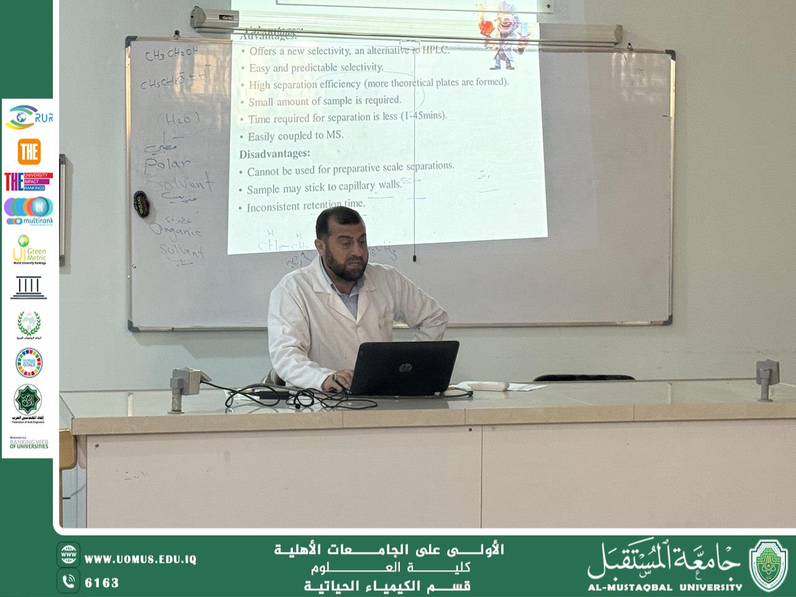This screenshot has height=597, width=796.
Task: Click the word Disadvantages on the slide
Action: (x=274, y=153)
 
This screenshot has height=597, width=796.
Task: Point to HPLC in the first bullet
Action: (x=435, y=50)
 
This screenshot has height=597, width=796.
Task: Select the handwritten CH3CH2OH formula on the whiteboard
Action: (x=171, y=55)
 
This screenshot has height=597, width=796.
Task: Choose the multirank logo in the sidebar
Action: (x=29, y=211)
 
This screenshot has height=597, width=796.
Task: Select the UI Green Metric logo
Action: (x=29, y=249)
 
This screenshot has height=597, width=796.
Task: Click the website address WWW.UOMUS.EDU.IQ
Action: (x=140, y=560)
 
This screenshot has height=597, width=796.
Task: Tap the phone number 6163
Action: (x=101, y=583)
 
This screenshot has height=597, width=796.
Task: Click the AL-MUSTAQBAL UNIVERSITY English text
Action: (x=665, y=586)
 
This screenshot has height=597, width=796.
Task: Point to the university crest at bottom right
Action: (x=769, y=565)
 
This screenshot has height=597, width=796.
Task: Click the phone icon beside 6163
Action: (x=68, y=581)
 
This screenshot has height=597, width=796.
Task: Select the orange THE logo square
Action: (x=29, y=152)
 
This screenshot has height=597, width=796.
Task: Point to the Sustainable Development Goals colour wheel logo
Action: (x=29, y=363)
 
